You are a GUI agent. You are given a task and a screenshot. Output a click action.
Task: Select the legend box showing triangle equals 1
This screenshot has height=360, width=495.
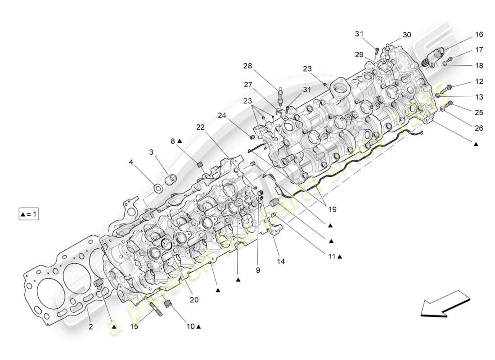[x=28, y=214]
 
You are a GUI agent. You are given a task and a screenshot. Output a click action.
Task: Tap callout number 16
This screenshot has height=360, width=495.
[x=478, y=35]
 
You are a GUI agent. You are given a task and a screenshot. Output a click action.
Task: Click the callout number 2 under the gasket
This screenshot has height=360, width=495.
[x=90, y=327]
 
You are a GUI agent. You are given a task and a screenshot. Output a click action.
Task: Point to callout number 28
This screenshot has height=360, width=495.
[x=247, y=66]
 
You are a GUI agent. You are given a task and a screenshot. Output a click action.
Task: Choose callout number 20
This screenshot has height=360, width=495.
[x=194, y=299]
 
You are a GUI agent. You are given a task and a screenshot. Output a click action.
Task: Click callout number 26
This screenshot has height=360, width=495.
[x=478, y=128]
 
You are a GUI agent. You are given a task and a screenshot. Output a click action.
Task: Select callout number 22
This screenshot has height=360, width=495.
[x=201, y=127]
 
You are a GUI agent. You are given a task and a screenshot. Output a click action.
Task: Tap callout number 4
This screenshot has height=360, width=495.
[x=131, y=161]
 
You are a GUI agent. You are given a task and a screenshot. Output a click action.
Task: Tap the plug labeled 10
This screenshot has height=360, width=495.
[x=169, y=306]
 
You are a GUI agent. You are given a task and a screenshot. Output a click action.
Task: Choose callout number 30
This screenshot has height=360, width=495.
[x=406, y=35]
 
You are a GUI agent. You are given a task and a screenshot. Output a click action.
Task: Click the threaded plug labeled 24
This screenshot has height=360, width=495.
[x=253, y=137]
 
